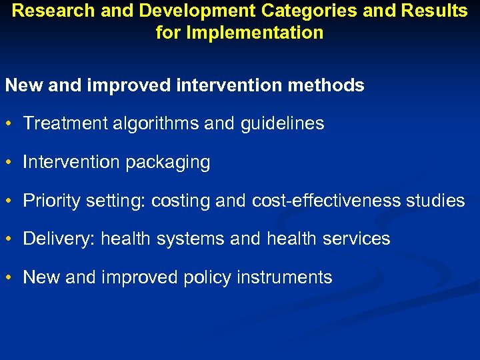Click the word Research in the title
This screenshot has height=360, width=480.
point(49,11)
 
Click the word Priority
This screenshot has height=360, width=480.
point(47,201)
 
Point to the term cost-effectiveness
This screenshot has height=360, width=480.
point(323,201)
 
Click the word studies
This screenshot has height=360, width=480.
point(434,201)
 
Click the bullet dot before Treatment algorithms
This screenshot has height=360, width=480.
point(10,124)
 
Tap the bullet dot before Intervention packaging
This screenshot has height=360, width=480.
point(10,163)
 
